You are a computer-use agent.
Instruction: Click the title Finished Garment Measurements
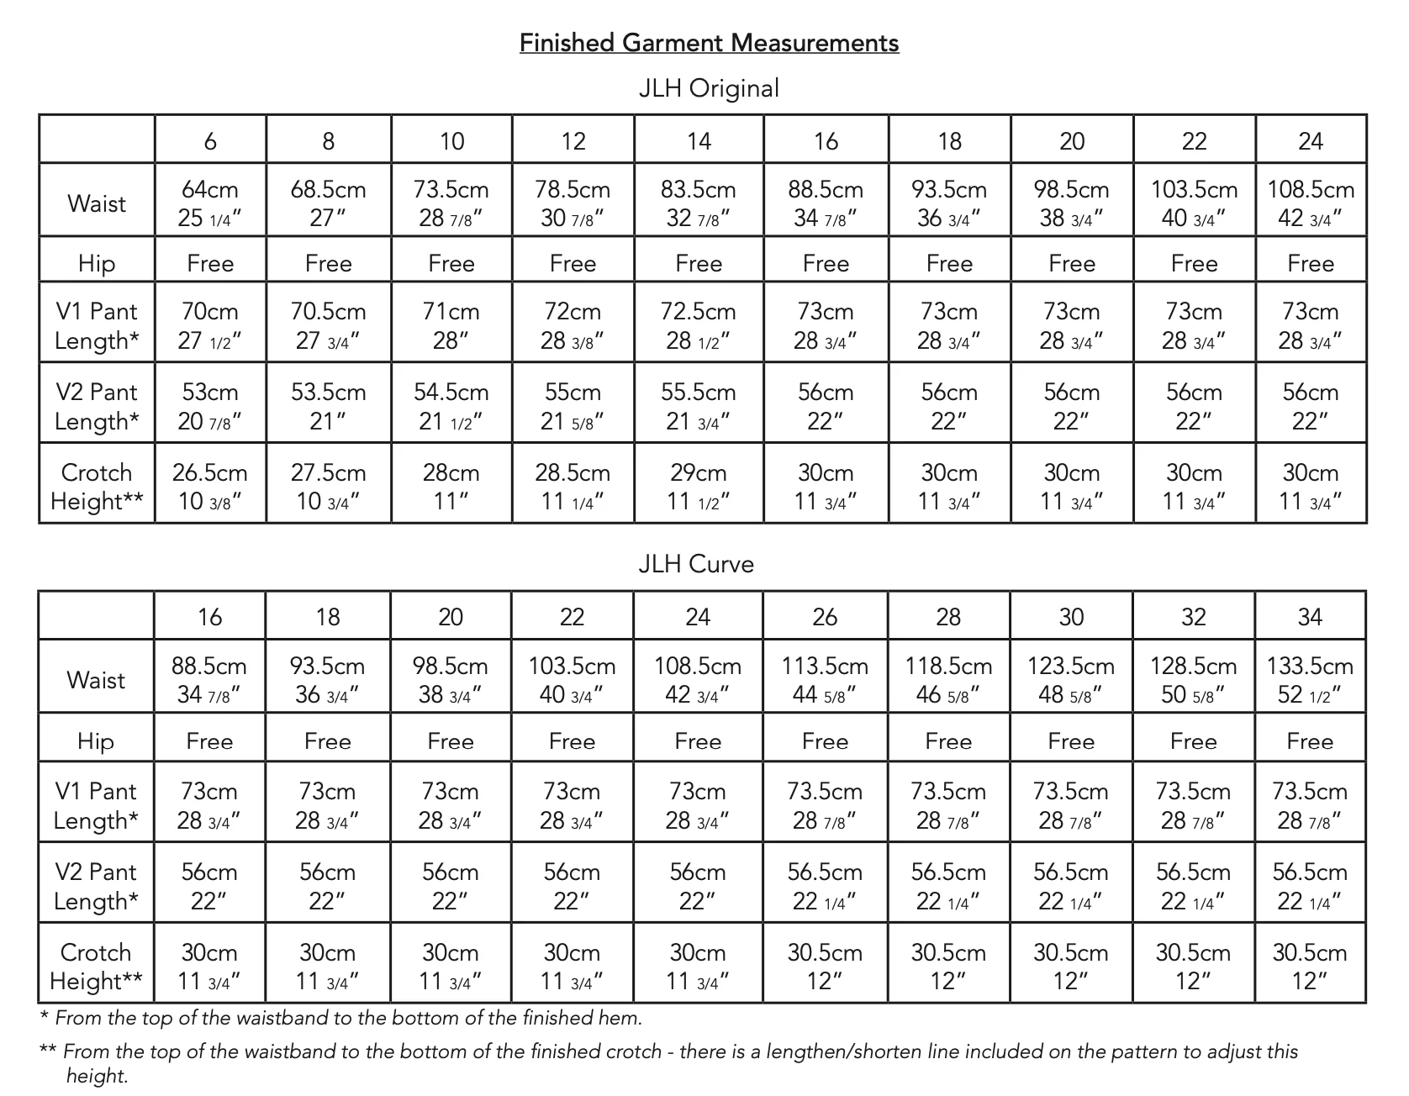click(709, 43)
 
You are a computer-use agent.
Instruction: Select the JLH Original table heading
click(709, 88)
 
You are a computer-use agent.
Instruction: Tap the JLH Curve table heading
click(696, 563)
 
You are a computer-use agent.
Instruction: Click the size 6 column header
click(210, 140)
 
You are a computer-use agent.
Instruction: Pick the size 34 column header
click(1310, 617)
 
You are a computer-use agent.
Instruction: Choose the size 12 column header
click(573, 140)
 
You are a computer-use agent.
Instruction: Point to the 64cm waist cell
click(210, 203)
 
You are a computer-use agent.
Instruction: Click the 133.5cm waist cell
click(1310, 679)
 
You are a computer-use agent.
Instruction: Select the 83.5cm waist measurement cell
click(698, 203)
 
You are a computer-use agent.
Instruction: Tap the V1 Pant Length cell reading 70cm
click(210, 325)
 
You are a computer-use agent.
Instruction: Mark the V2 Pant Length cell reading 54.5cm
click(451, 406)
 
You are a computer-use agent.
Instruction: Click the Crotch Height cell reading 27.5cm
click(328, 486)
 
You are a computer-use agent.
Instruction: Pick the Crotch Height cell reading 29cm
click(698, 486)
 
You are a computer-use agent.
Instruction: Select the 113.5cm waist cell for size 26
click(825, 679)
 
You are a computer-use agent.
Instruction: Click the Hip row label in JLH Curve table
click(96, 740)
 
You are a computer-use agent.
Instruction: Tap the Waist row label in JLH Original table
click(97, 203)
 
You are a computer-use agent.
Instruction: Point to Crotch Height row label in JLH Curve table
click(96, 966)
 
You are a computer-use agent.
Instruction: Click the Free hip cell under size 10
click(451, 263)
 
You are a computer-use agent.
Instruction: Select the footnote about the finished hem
click(341, 1018)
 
